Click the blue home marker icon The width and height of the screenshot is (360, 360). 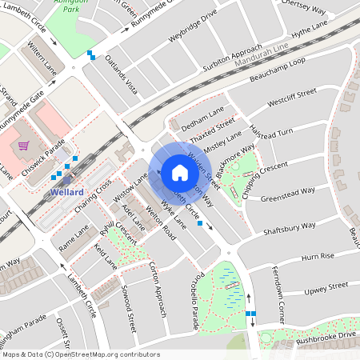179,173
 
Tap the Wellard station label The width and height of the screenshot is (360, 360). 66,193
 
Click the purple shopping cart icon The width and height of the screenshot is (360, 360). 24,146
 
